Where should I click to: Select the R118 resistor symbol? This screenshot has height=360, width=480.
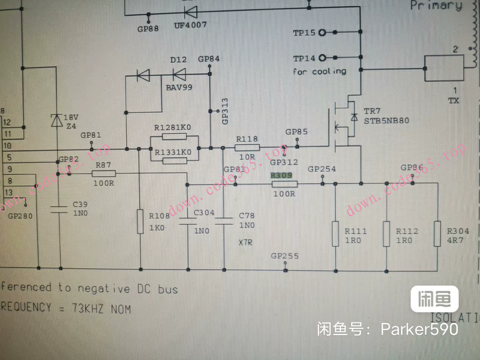point(247,147)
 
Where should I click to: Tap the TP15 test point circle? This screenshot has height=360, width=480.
point(321,32)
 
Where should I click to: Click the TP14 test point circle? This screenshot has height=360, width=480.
point(321,58)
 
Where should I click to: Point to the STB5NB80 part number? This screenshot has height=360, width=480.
point(386,120)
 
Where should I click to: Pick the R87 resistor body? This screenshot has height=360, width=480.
point(103,174)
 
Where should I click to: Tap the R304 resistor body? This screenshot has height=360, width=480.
point(437,234)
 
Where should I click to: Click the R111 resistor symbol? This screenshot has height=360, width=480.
point(335,234)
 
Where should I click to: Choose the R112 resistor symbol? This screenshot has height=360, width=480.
point(386,234)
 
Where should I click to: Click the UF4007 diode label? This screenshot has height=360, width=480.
point(190,25)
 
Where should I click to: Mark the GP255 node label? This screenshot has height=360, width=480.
point(286,256)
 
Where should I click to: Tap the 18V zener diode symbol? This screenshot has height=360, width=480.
point(57,120)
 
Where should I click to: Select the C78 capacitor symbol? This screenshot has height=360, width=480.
point(224,219)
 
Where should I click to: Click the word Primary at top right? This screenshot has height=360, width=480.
point(436,6)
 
